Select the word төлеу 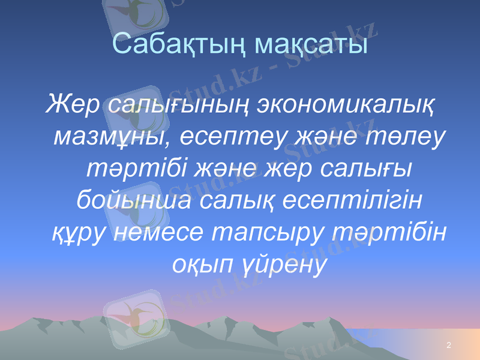click(x=407, y=136)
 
